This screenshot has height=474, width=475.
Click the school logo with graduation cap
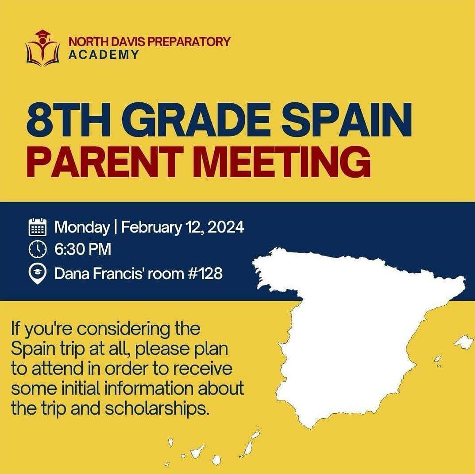pyautogui.click(x=42, y=48)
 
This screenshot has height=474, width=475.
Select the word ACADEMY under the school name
pyautogui.click(x=103, y=55)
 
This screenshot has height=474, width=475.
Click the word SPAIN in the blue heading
pyautogui.click(x=346, y=120)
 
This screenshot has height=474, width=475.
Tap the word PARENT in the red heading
pyautogui.click(x=106, y=162)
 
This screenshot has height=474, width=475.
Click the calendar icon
pyautogui.click(x=37, y=227)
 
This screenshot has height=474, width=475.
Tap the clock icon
pyautogui.click(x=37, y=249)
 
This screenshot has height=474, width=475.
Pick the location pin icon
pyautogui.click(x=37, y=274)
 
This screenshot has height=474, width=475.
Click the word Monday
pyautogui.click(x=82, y=227)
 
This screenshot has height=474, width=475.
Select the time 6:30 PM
pyautogui.click(x=83, y=249)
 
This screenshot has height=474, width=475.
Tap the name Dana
pyautogui.click(x=72, y=274)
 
